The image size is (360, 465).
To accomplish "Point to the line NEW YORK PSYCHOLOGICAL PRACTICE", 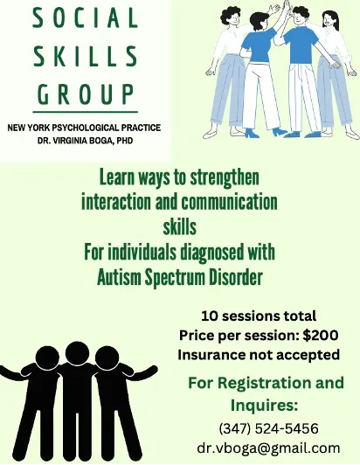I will (84, 128).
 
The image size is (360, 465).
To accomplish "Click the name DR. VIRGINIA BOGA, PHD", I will (84, 141).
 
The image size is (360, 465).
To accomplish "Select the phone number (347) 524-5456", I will (267, 428).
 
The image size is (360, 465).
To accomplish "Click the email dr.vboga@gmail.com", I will (267, 448).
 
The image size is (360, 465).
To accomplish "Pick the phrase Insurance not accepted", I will (259, 355).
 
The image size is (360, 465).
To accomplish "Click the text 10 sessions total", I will (259, 316).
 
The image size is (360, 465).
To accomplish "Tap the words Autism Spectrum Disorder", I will (180, 279).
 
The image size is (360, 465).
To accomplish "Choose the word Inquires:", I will (265, 406).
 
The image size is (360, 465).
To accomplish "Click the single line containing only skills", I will (180, 228).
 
